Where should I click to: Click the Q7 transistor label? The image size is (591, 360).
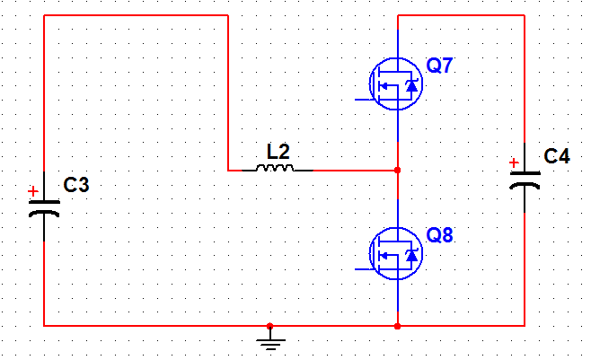coord(440,66)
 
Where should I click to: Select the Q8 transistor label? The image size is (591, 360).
coord(440,237)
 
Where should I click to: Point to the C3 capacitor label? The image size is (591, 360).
coord(76,186)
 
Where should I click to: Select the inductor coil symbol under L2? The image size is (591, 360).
coord(273,168)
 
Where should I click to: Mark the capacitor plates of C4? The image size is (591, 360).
coord(525,179)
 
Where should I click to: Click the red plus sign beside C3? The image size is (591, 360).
coord(32,191)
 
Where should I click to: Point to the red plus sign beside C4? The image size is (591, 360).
coord(514,163)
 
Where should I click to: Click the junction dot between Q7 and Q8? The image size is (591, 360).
coord(397,170)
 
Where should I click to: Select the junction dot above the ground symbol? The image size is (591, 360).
coord(270,325)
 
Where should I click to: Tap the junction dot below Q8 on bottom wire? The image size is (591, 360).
coord(397,325)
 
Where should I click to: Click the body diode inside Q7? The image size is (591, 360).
coord(411,85)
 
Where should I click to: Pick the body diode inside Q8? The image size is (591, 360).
coord(411,256)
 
